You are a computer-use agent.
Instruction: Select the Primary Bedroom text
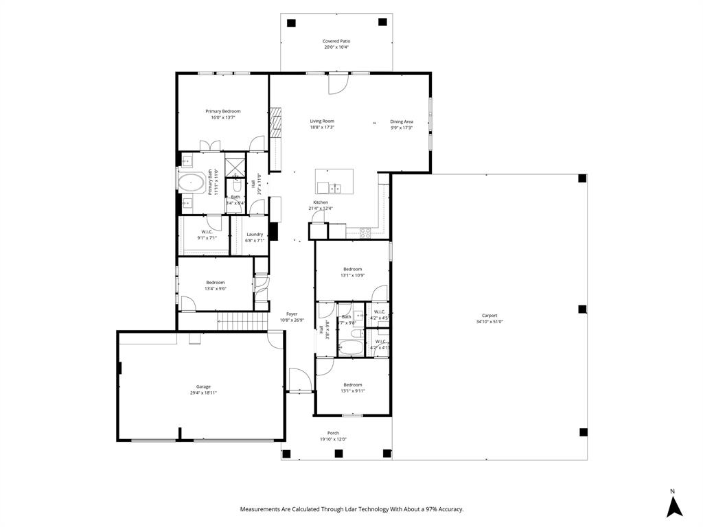(x=223, y=111)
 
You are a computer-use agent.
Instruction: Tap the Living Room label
(x=321, y=121)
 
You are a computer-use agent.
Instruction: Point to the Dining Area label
(x=402, y=121)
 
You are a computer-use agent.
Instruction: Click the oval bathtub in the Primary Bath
(x=190, y=183)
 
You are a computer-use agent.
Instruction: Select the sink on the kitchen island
(x=335, y=187)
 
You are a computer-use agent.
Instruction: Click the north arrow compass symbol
(x=674, y=506)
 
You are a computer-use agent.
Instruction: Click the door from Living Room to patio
(x=337, y=83)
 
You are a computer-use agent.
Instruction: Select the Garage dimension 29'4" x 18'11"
(x=203, y=393)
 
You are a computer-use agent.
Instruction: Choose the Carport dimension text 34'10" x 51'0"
(x=489, y=322)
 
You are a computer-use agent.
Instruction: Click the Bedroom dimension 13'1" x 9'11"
(x=354, y=391)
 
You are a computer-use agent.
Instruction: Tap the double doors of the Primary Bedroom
(x=210, y=145)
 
